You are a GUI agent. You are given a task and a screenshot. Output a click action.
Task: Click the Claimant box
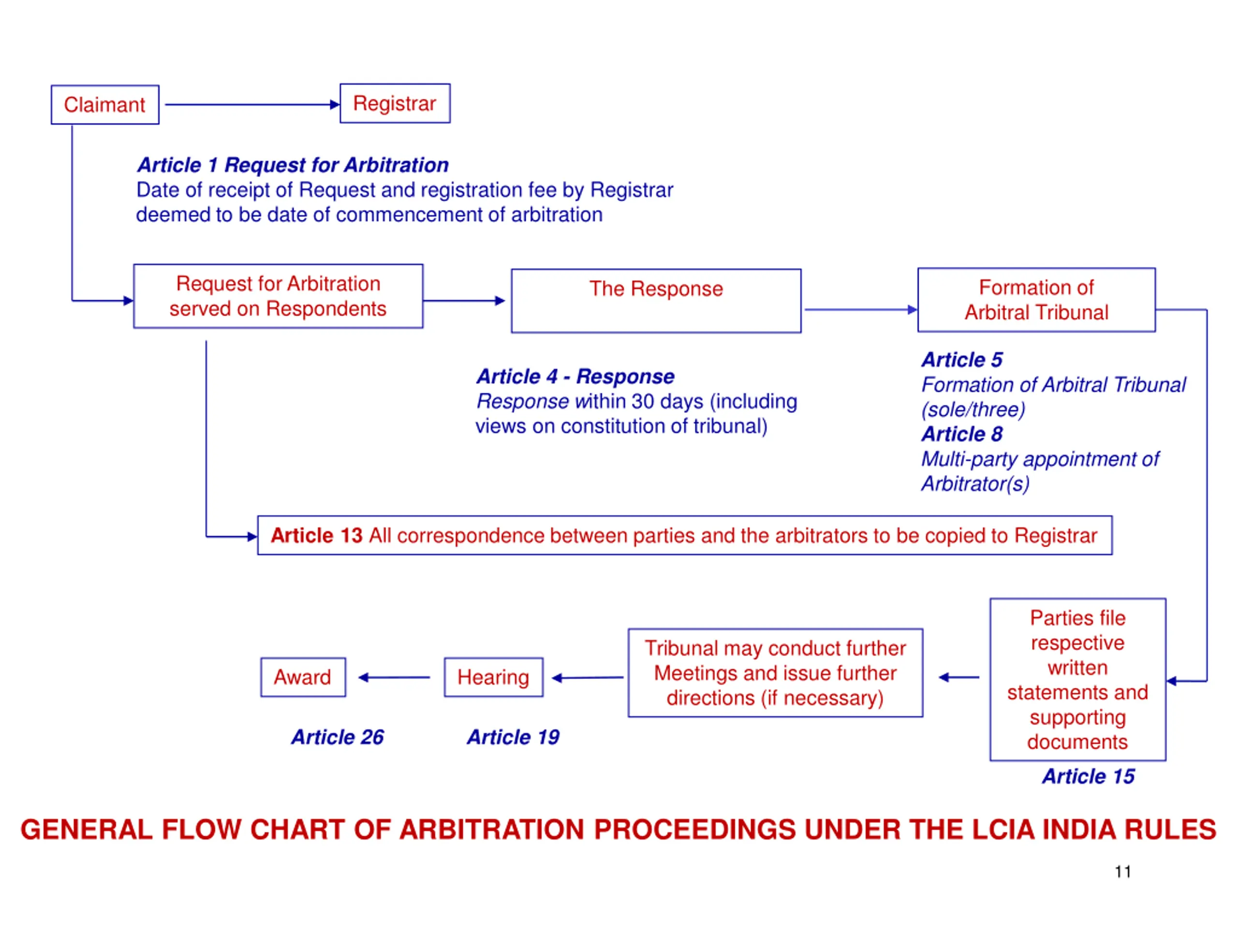click(105, 105)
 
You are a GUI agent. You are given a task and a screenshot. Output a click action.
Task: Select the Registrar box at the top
click(395, 104)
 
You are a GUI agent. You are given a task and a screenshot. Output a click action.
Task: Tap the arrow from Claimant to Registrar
click(252, 104)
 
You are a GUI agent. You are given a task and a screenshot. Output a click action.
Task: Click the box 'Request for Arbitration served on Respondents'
click(278, 296)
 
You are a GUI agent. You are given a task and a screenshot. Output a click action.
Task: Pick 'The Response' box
click(656, 300)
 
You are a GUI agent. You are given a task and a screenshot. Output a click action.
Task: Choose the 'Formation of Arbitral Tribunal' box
click(1036, 300)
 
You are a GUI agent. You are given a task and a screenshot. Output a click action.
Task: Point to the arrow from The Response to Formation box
click(861, 310)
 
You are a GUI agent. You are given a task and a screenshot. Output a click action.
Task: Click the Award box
click(303, 677)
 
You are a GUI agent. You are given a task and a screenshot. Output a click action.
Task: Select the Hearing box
click(494, 677)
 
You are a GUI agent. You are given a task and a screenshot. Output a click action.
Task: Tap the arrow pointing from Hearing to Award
click(394, 677)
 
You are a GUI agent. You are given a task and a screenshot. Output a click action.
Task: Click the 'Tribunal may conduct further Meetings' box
click(775, 673)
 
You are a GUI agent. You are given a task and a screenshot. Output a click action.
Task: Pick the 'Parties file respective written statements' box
click(1078, 679)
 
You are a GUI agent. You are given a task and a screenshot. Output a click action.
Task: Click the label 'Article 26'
click(338, 737)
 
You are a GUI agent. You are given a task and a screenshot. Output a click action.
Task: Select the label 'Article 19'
click(513, 737)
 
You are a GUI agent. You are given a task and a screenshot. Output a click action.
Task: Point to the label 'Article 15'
click(1089, 776)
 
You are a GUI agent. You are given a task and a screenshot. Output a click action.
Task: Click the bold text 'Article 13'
click(317, 535)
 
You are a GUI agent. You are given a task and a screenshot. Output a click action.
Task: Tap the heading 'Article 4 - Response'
click(575, 376)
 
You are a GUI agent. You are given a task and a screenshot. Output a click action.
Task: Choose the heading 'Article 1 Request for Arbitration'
click(293, 165)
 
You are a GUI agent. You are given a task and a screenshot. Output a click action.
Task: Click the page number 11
click(1123, 871)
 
